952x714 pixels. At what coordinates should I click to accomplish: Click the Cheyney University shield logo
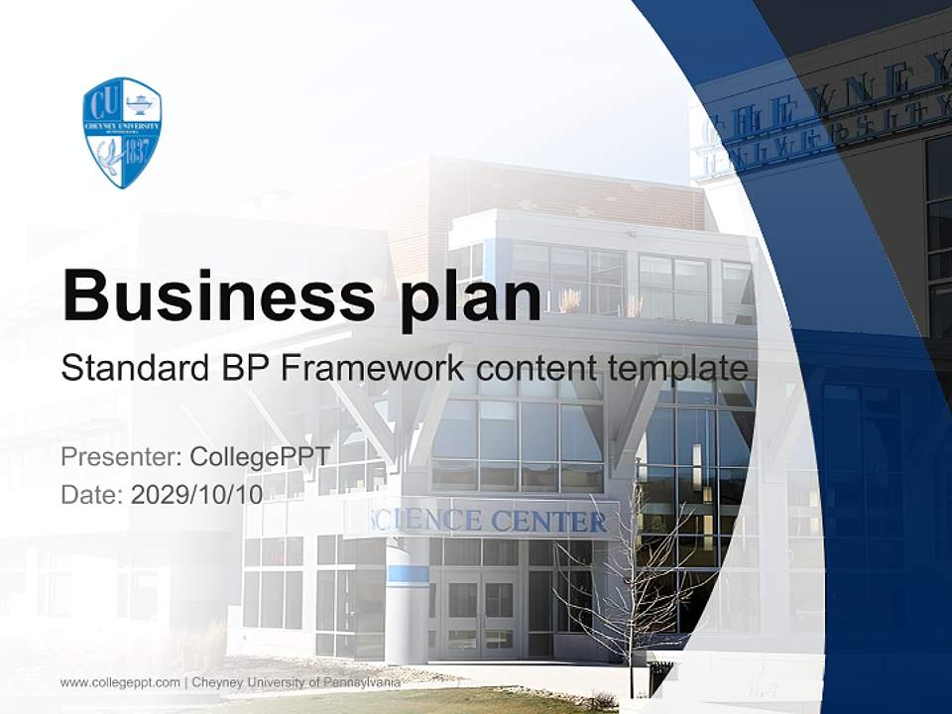[122, 132]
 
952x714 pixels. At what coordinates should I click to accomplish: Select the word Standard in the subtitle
[132, 369]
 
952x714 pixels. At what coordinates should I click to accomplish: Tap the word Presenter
[119, 457]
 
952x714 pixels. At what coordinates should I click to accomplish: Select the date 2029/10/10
[196, 494]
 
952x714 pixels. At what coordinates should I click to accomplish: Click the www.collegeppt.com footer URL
[120, 682]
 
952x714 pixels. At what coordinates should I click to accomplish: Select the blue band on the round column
[408, 573]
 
